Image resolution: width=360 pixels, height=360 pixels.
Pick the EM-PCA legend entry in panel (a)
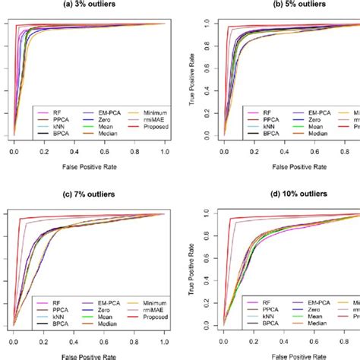click(104, 112)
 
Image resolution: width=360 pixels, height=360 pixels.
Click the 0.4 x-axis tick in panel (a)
click(74, 152)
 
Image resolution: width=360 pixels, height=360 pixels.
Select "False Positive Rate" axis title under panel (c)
click(90, 356)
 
